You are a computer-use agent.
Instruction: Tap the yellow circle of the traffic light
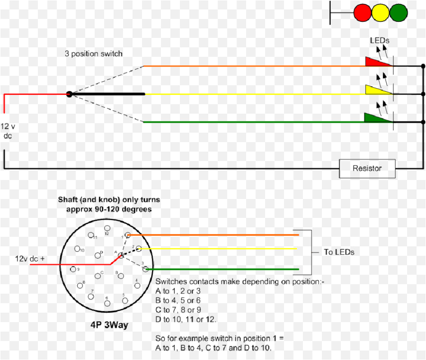tap(381, 12)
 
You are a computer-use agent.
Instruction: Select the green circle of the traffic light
tap(398, 12)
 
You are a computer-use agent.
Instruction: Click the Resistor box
tap(367, 168)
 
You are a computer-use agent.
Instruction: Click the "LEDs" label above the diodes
tap(380, 41)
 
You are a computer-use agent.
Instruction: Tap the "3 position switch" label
tap(94, 54)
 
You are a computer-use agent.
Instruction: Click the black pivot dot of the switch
tap(69, 94)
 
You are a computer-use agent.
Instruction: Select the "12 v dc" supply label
tap(8, 131)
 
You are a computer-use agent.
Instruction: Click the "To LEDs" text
tap(339, 252)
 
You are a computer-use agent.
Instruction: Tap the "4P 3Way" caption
tap(109, 325)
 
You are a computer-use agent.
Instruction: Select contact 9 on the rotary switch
tap(73, 270)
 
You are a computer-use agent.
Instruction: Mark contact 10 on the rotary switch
tap(77, 249)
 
